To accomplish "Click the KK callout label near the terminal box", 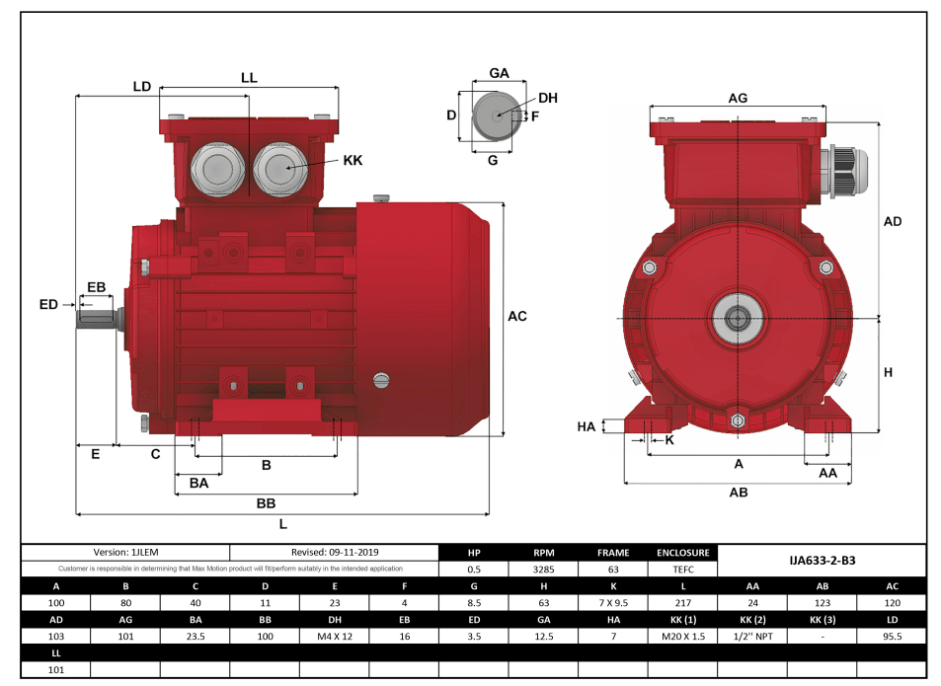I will click(353, 160).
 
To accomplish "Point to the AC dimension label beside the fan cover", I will click(516, 317).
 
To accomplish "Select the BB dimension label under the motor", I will click(266, 503).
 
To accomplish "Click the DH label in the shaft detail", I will click(548, 98).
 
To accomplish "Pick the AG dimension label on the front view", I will click(738, 98).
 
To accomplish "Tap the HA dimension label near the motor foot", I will click(587, 426).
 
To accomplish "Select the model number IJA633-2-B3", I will click(822, 560).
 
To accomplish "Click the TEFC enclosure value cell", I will click(682, 569).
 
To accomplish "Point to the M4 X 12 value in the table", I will click(334, 637).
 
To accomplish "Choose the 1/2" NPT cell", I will click(752, 637).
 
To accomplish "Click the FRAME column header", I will click(613, 553).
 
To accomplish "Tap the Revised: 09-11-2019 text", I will click(334, 552).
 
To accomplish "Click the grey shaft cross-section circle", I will click(493, 114).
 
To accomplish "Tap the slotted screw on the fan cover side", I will click(382, 381).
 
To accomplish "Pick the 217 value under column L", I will click(682, 602).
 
